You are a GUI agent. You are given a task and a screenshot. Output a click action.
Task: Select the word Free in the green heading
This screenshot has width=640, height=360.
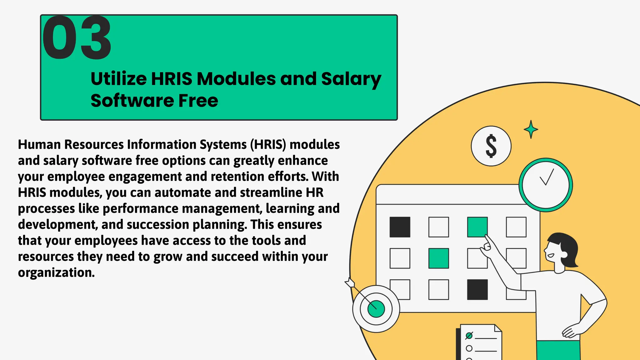[198, 101]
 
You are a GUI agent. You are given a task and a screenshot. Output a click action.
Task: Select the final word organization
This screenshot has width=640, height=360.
[56, 272]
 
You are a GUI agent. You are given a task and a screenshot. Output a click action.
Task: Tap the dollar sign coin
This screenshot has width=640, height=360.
[491, 146]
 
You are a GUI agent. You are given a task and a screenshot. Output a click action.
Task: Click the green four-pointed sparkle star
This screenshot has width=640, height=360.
[531, 129]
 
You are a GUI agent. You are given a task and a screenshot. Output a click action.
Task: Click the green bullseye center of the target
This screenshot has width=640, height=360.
[376, 308]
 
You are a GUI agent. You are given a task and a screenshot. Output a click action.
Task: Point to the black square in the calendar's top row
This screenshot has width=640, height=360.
[400, 227]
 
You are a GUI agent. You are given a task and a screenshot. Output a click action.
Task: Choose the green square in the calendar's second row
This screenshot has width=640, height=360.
[438, 258]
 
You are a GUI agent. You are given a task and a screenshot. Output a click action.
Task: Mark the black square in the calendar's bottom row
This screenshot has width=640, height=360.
[477, 290]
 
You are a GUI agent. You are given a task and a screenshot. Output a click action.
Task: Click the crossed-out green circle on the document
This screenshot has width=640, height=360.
[469, 336]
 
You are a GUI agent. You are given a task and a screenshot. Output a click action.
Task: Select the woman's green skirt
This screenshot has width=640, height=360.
[558, 351]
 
